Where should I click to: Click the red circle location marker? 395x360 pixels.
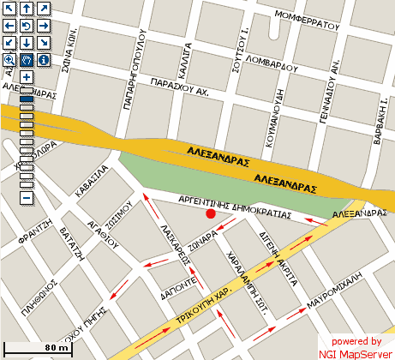point(211,213)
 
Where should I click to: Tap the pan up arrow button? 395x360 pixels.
point(26,9)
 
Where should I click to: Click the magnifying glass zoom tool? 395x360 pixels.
point(9,60)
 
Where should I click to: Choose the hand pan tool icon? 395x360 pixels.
point(26,60)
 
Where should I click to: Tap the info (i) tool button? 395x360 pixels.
point(43,60)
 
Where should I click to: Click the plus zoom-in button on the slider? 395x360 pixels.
point(27,77)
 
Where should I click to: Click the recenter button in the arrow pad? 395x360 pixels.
point(26,26)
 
